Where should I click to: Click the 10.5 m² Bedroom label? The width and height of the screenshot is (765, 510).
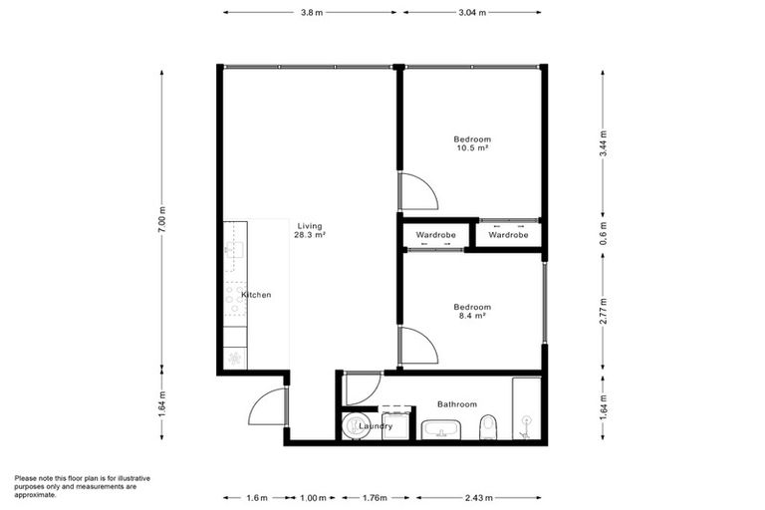coord(472,143)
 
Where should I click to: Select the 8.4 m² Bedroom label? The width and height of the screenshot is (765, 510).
coord(472,311)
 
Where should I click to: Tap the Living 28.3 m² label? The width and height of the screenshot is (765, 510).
coord(311,231)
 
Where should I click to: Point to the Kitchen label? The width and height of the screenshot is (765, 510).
coord(256,296)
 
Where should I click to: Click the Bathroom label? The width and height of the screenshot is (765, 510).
coord(457,404)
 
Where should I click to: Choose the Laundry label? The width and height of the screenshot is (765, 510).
coord(377,426)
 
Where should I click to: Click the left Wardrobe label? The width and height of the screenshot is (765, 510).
coord(435,235)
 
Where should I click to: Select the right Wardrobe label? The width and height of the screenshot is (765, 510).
coord(508,235)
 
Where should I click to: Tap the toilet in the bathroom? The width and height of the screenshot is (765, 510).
coord(487,429)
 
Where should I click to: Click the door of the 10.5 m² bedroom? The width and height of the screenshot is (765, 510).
coord(414,191)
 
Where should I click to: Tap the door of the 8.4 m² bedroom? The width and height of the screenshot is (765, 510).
coord(414,346)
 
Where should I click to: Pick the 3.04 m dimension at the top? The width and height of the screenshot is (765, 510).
coord(472,13)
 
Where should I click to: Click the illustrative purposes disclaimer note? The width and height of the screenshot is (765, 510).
coord(75,486)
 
